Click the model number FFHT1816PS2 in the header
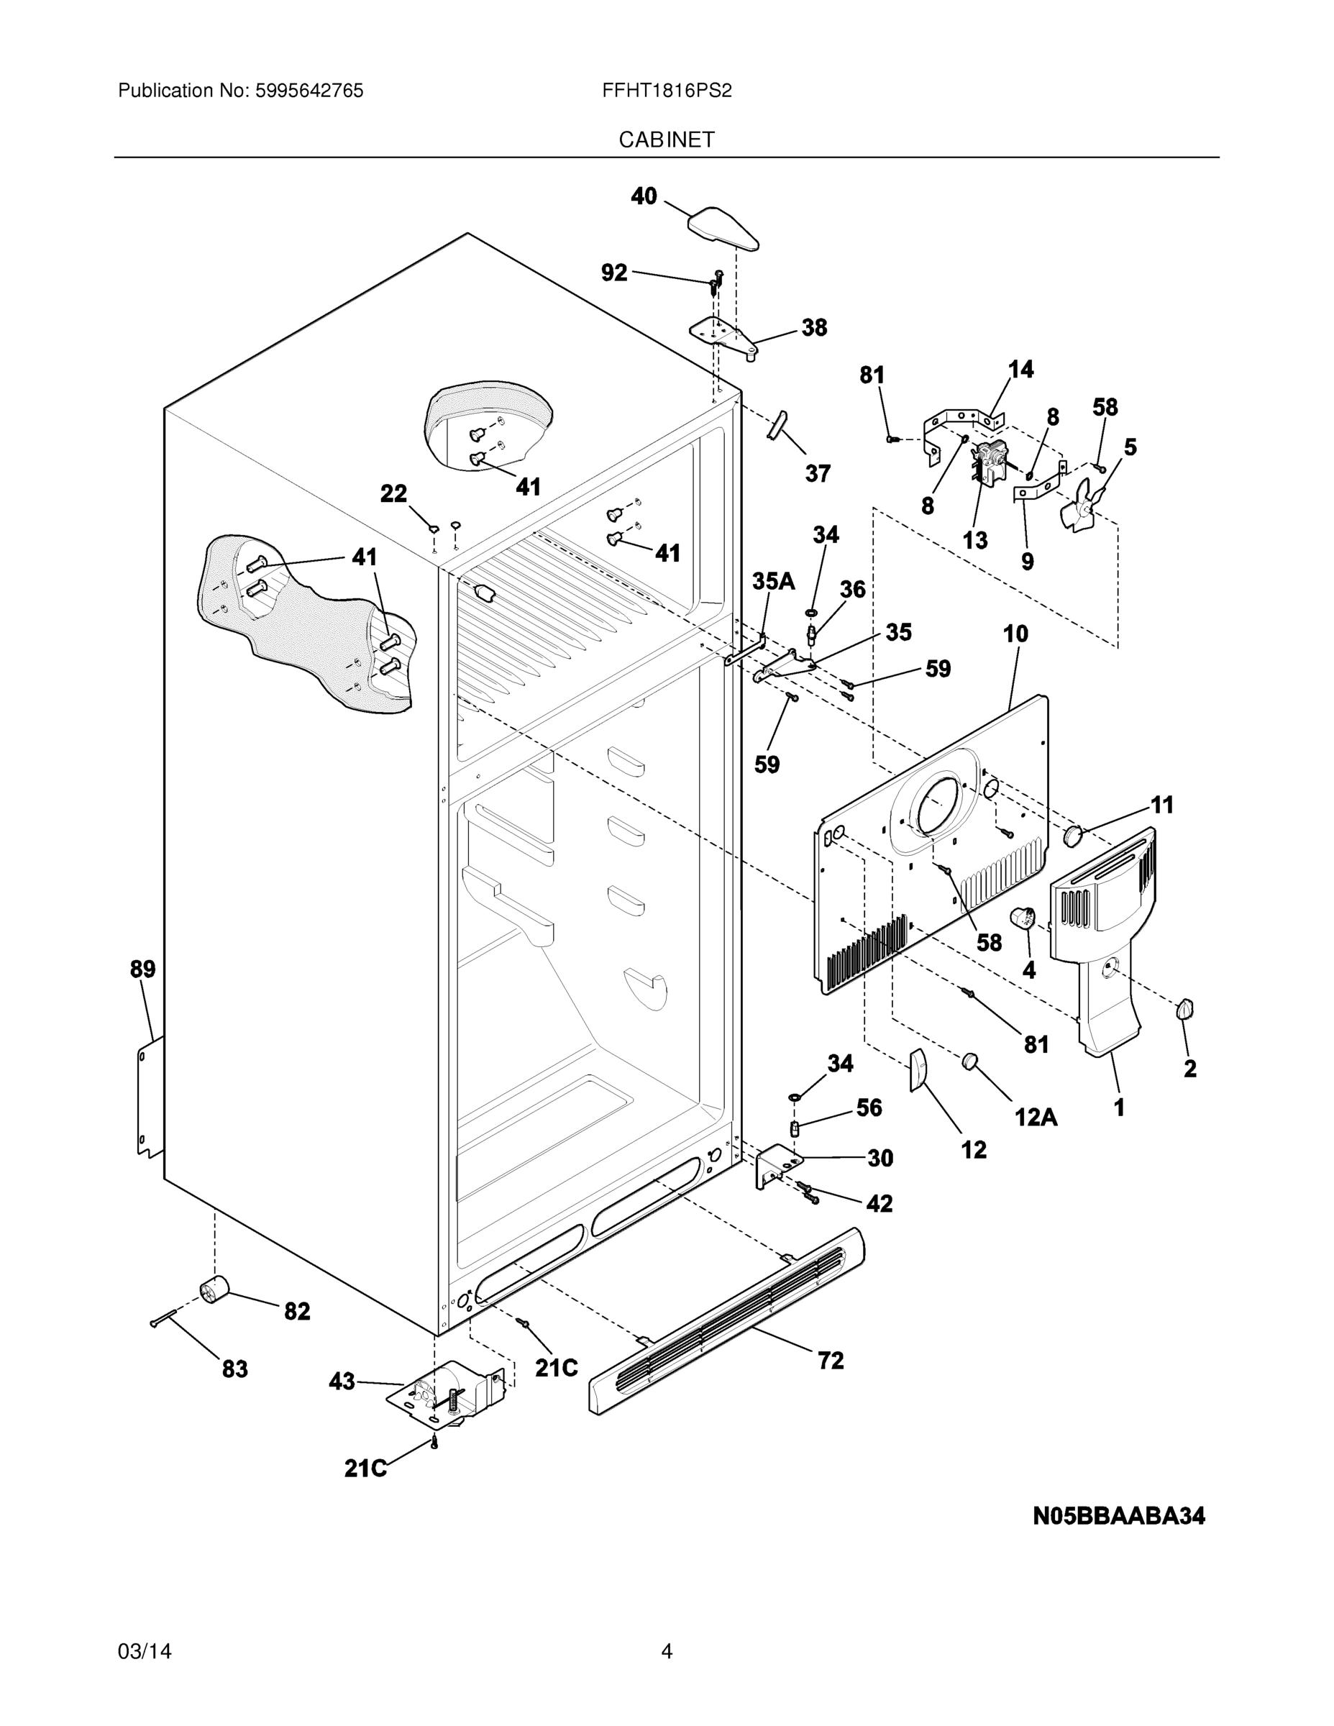click(666, 91)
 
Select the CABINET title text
click(666, 140)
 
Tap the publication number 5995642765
click(309, 91)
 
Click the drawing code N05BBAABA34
click(1119, 1517)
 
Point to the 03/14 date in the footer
click(145, 1652)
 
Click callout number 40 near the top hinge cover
click(644, 196)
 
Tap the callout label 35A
click(773, 582)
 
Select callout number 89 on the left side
click(143, 969)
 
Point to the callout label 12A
click(1036, 1116)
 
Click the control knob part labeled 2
click(1184, 1009)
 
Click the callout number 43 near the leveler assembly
click(342, 1382)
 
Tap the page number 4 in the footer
click(666, 1652)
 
